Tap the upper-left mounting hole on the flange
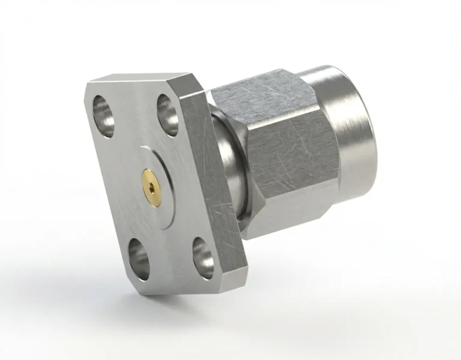pyautogui.click(x=103, y=110)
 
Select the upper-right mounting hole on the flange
pyautogui.click(x=167, y=114)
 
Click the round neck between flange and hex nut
pyautogui.click(x=231, y=174)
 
